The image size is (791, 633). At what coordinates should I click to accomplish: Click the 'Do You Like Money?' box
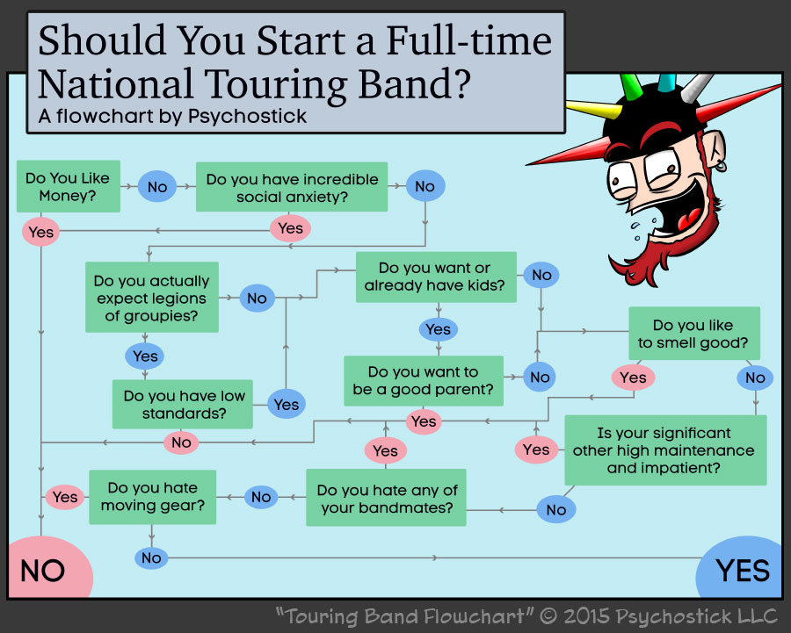(x=68, y=186)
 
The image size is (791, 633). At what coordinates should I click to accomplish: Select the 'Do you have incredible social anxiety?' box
(x=292, y=187)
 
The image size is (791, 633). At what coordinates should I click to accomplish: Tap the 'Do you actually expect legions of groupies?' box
(x=151, y=298)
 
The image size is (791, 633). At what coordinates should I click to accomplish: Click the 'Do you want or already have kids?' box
(x=434, y=277)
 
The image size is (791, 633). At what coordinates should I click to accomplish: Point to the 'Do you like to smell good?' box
(x=693, y=334)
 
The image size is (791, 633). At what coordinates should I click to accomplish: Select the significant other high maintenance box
(x=664, y=450)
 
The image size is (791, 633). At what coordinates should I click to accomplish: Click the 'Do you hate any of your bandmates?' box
(x=387, y=498)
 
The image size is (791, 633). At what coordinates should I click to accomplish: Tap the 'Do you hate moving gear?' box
(x=153, y=496)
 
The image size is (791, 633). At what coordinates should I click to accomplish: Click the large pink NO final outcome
(x=44, y=569)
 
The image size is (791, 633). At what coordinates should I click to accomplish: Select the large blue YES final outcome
(x=742, y=569)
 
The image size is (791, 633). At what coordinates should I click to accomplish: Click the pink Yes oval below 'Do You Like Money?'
(x=41, y=232)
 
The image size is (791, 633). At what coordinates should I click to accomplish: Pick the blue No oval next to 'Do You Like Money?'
(x=157, y=186)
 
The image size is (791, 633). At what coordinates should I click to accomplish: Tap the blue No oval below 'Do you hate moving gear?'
(x=151, y=557)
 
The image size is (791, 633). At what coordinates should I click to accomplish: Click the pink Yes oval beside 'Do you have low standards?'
(x=287, y=404)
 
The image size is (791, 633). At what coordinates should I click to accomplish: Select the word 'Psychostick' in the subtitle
(x=248, y=116)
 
